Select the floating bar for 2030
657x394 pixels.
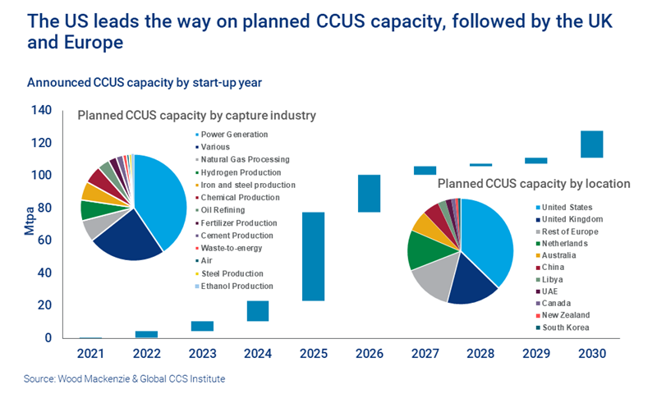[591, 144]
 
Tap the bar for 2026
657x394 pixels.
[369, 194]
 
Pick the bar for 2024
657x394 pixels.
[258, 311]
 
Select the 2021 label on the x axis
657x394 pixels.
[91, 355]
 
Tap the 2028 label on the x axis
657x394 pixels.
[480, 355]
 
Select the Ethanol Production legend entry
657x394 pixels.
[236, 286]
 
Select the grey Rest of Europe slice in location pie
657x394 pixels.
[432, 278]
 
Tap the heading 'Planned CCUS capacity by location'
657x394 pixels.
[534, 184]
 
